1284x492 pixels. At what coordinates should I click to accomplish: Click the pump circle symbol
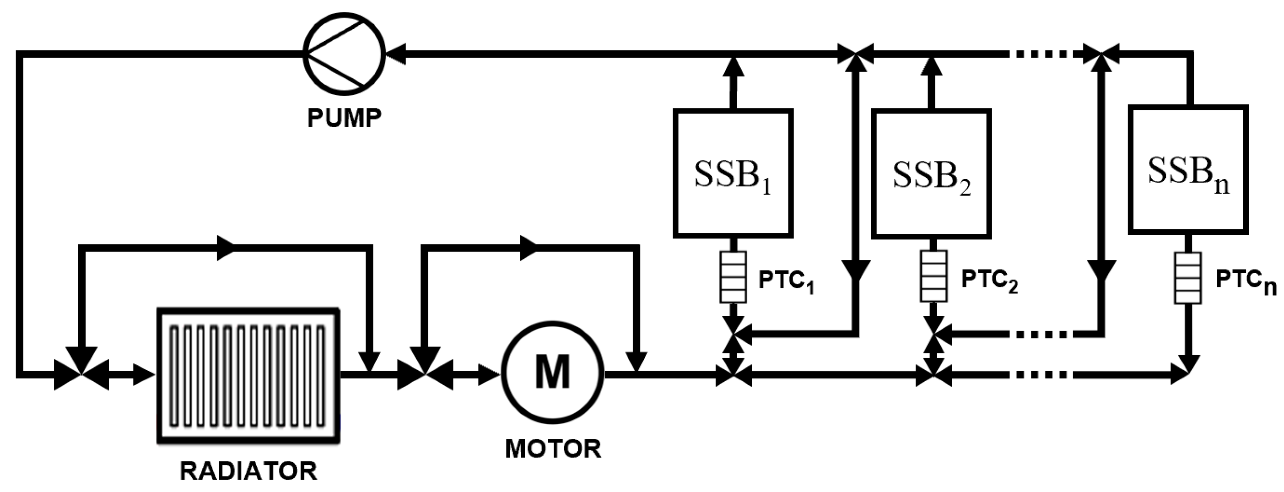point(344,54)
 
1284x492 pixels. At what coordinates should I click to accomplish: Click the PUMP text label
point(344,118)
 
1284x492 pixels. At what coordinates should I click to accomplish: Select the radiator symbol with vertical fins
point(248,375)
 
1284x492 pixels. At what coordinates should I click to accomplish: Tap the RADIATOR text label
point(248,471)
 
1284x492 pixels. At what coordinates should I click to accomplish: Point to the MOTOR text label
point(553,449)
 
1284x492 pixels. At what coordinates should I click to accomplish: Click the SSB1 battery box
point(733,173)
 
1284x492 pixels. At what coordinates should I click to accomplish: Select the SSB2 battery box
point(931,173)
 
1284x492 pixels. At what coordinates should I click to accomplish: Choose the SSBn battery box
point(1188,169)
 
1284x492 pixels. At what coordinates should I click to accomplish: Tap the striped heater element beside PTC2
point(933,276)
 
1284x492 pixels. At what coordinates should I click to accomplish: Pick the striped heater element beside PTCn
point(1187,278)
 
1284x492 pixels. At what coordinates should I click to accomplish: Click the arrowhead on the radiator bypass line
point(225,247)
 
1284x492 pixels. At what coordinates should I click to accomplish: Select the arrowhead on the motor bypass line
point(529,248)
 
